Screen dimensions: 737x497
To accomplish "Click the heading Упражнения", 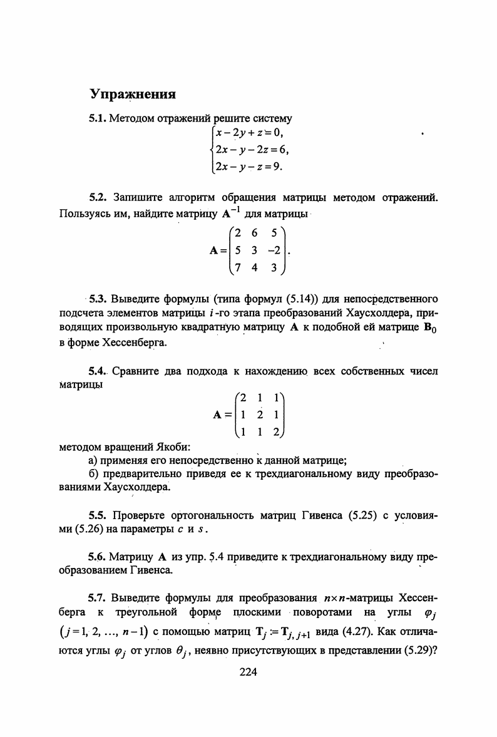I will tap(133, 95).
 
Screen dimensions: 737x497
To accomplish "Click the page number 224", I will tap(248, 673).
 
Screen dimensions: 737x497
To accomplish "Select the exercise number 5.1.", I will tap(98, 118).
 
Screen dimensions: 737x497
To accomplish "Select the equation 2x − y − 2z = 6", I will tap(251, 150).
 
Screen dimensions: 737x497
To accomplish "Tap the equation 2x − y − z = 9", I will tap(248, 167).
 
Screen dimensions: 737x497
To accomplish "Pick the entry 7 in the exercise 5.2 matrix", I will tap(238, 269).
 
